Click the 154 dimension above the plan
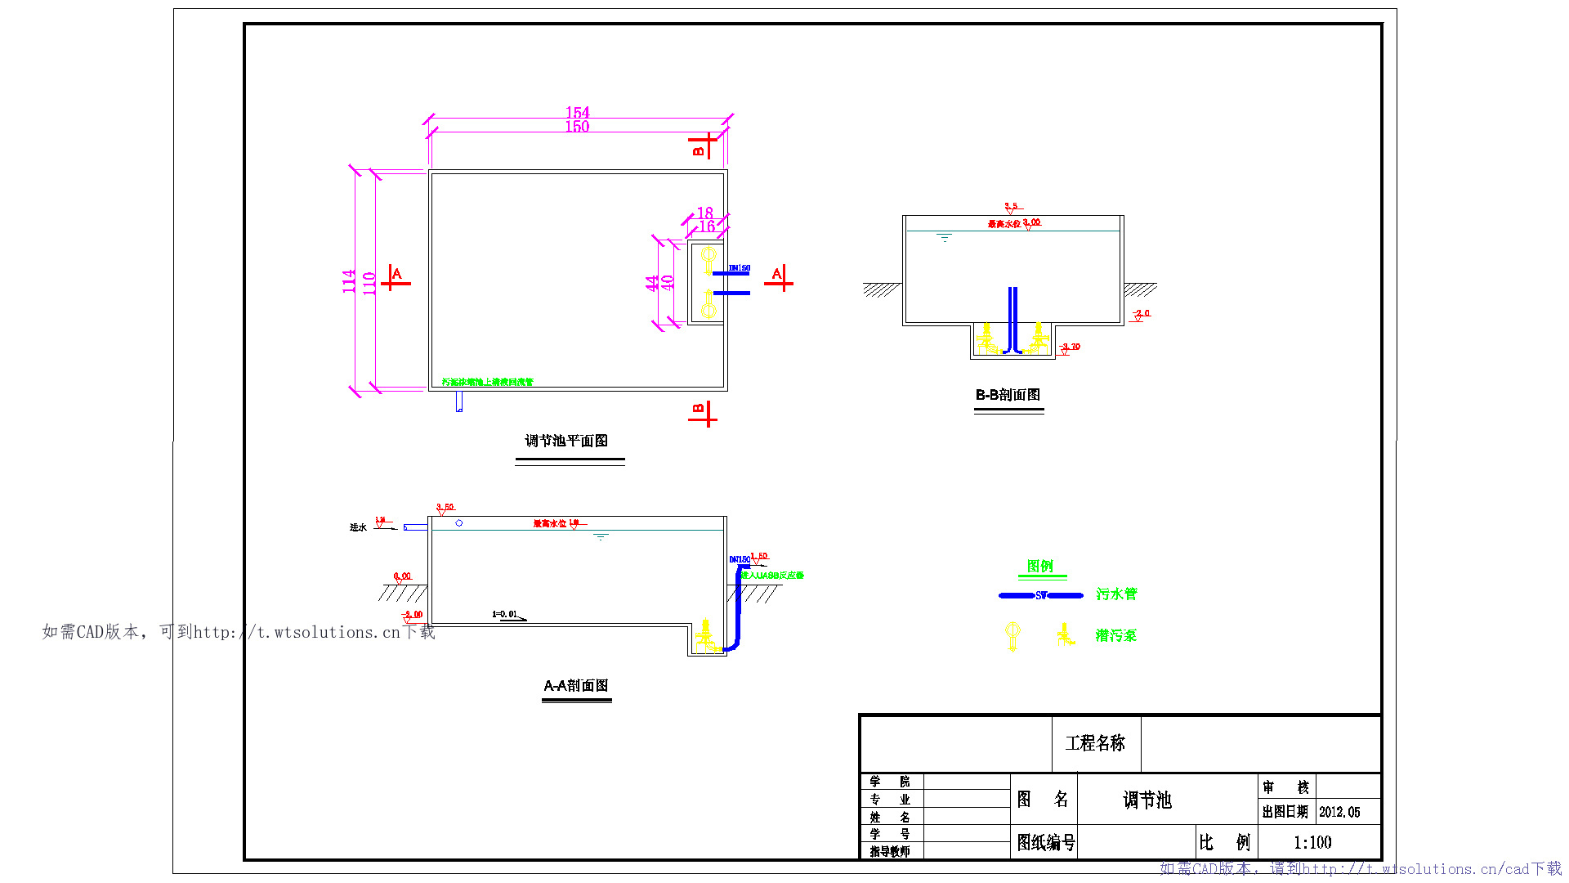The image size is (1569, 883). (x=577, y=112)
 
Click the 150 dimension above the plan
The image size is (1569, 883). (x=577, y=127)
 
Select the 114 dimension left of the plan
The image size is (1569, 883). (x=349, y=281)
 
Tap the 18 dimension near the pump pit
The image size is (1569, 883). (x=705, y=213)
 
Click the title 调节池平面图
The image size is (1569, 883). (x=566, y=441)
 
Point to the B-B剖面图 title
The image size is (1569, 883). (x=1008, y=395)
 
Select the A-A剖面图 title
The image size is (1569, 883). (x=576, y=685)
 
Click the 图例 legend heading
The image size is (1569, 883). (x=1039, y=566)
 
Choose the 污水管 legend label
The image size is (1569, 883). (x=1116, y=594)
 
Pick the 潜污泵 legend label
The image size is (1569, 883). (x=1116, y=635)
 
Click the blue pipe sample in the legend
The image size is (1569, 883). (x=1040, y=595)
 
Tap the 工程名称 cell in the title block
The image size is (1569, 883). (x=1095, y=743)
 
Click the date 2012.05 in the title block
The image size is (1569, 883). (x=1339, y=812)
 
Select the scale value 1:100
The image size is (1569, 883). (x=1312, y=842)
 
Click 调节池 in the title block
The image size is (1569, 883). (x=1147, y=800)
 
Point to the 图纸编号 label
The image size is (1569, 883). (x=1045, y=842)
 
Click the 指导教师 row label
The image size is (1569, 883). (x=890, y=851)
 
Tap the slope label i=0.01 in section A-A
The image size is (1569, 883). (x=505, y=614)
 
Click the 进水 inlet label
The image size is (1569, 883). (x=358, y=527)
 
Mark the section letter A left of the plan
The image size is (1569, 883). (x=396, y=274)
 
